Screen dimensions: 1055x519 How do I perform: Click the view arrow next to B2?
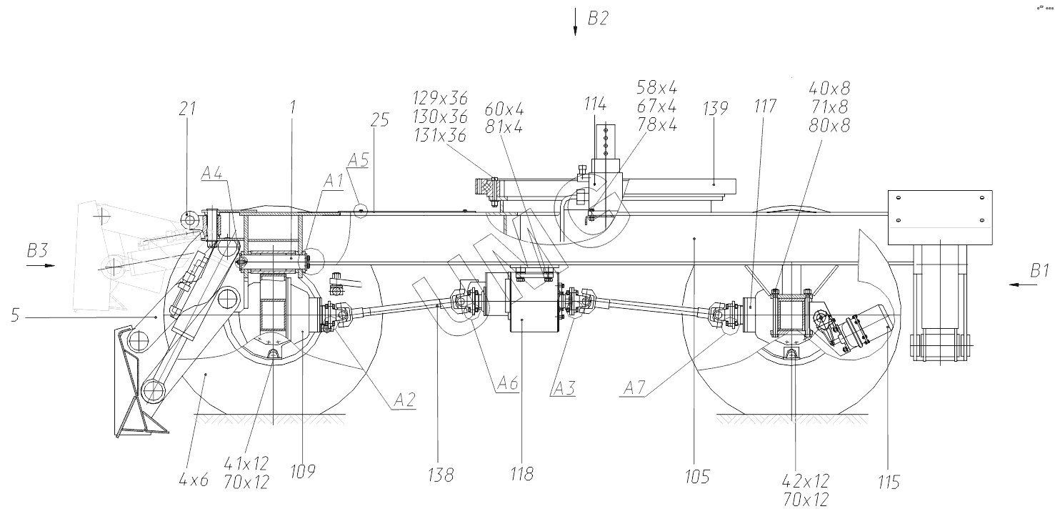(574, 21)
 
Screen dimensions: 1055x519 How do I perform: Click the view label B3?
(37, 250)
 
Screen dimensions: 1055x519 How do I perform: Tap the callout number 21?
(187, 109)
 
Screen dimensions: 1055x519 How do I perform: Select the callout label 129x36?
(441, 98)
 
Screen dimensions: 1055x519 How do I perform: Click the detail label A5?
(359, 160)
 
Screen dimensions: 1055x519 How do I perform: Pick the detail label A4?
(212, 174)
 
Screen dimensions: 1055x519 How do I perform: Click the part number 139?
(716, 109)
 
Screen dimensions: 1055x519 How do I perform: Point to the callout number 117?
(765, 106)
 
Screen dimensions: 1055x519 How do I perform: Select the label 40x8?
(829, 88)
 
